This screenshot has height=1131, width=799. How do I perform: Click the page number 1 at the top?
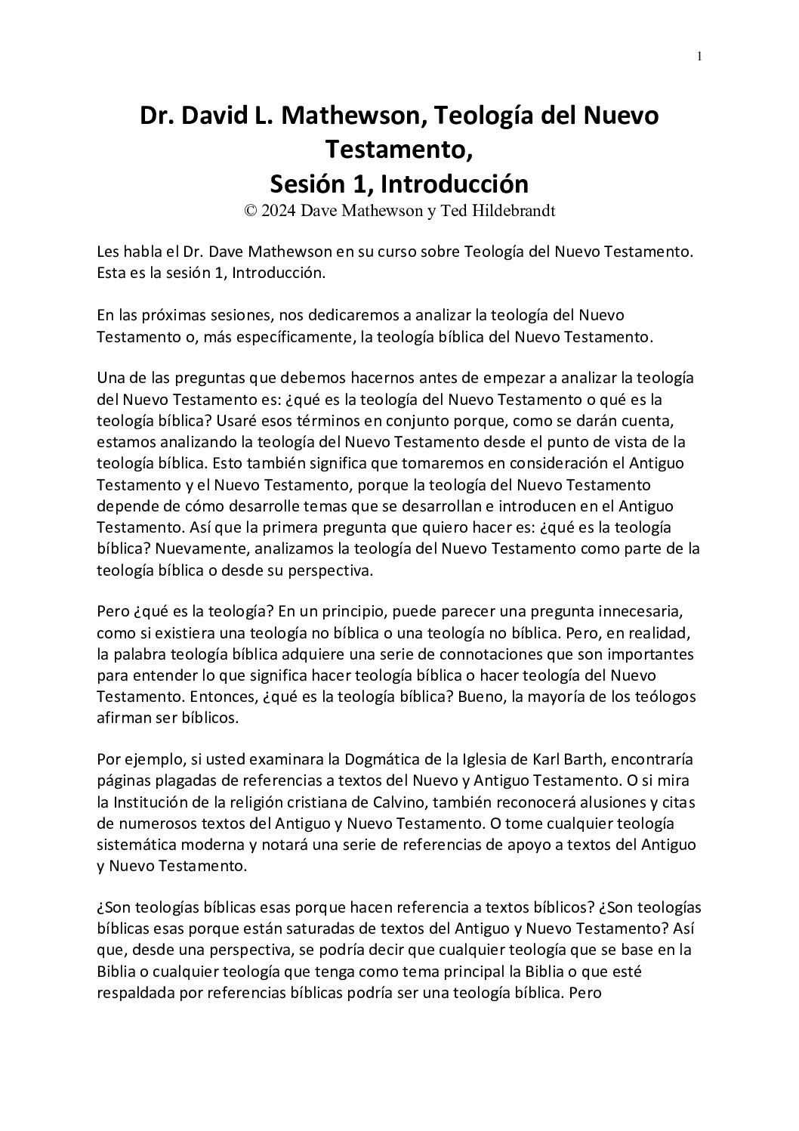click(699, 56)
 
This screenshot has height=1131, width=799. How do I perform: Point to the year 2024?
click(278, 211)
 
